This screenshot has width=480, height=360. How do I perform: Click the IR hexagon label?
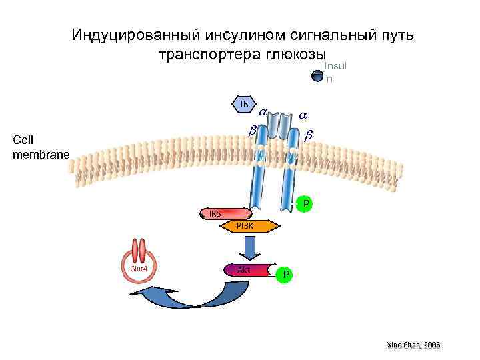pos(245,104)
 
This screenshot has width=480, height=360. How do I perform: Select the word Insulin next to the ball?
pos(336,72)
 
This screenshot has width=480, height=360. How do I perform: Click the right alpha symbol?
pos(304,115)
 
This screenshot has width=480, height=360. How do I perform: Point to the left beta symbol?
pos(252,131)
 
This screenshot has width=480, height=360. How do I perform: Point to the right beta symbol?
pos(309,136)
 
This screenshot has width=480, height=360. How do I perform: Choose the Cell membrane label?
pos(40,147)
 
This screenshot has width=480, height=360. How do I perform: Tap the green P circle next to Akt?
pos(285,274)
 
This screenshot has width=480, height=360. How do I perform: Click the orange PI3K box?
pos(246,226)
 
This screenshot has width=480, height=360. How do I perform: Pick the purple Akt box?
pos(245,270)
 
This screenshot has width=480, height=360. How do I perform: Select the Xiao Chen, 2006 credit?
pos(413,345)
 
